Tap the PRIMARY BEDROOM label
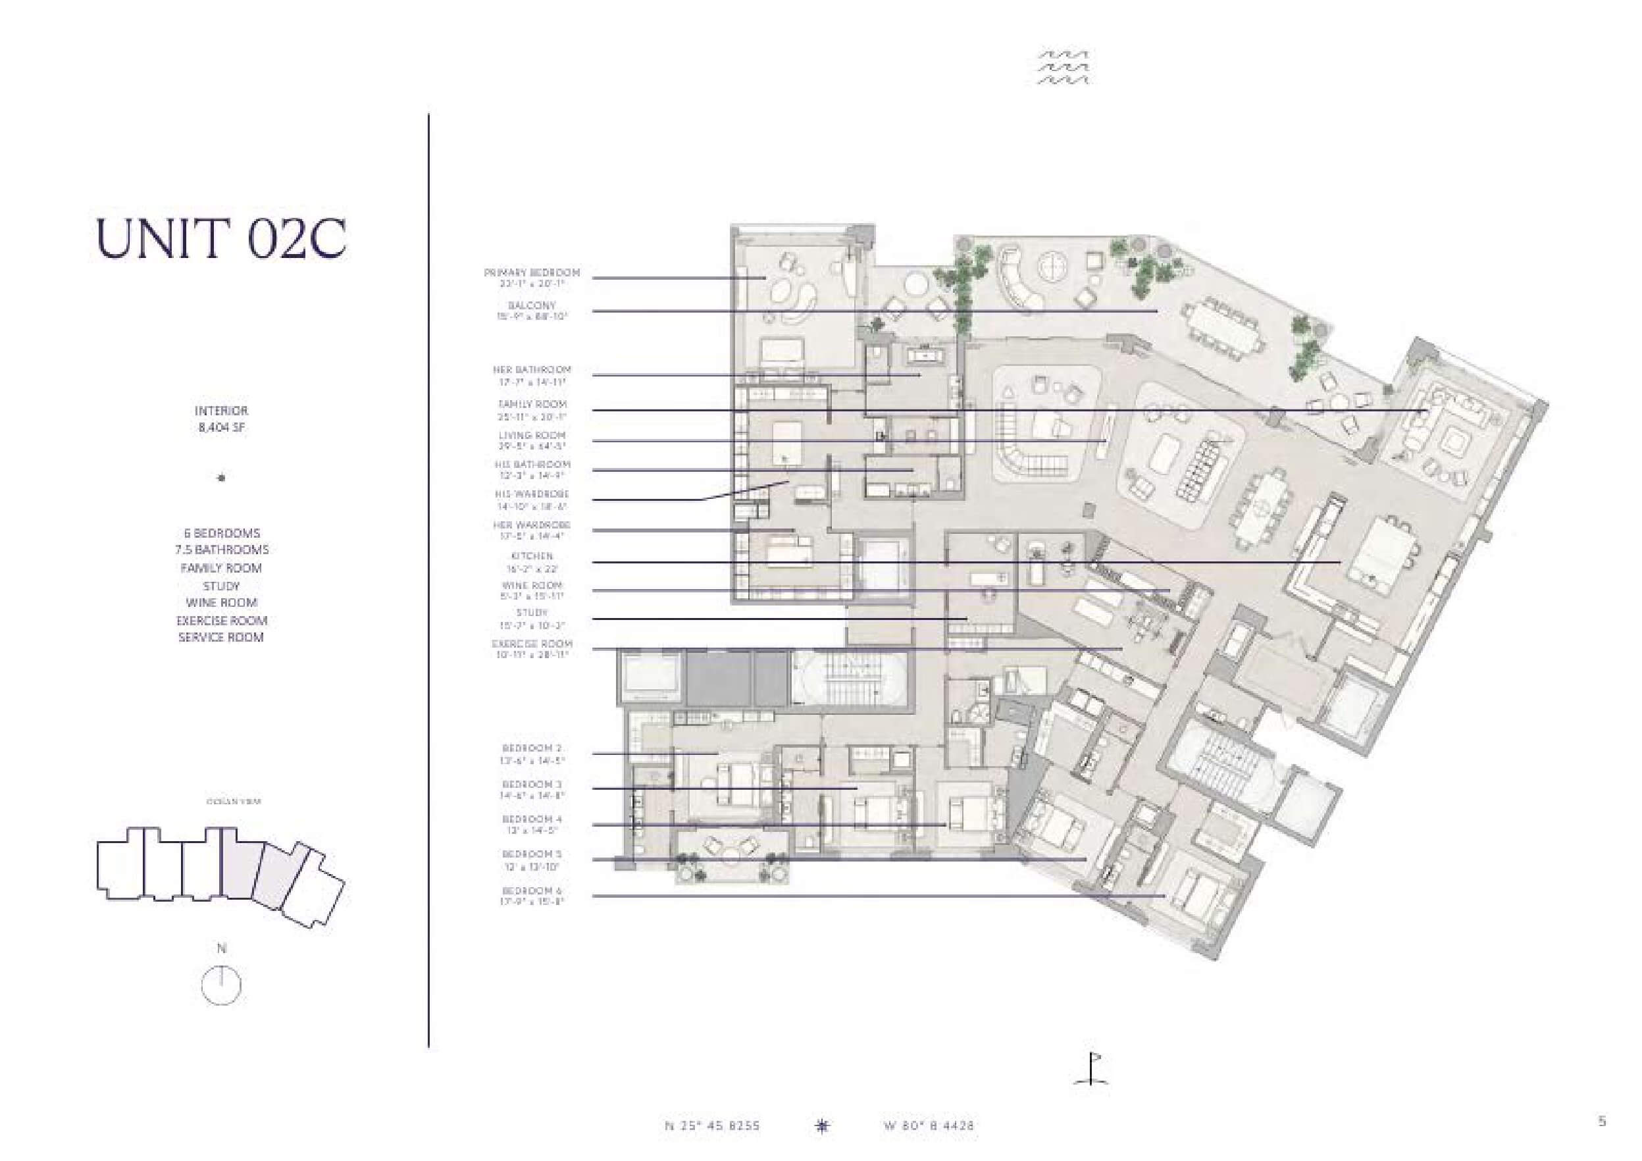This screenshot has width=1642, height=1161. click(531, 273)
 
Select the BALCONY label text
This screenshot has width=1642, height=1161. click(531, 305)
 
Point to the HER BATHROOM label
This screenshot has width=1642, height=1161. click(531, 370)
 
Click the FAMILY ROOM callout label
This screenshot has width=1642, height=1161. click(531, 404)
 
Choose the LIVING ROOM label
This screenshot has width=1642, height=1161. click(531, 435)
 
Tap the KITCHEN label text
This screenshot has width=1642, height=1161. click(531, 556)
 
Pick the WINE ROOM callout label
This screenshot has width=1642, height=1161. click(531, 585)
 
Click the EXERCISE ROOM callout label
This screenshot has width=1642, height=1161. click(531, 644)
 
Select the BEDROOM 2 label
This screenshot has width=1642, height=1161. click(531, 748)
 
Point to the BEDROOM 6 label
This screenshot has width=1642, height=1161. click(531, 890)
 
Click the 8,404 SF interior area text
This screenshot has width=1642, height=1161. click(222, 428)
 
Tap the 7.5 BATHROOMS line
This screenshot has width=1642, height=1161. click(222, 550)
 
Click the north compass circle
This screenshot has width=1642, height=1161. click(222, 987)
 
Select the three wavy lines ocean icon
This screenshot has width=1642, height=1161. click(1064, 67)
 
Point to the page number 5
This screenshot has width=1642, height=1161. click(1602, 1122)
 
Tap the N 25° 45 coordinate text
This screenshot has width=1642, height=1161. click(712, 1126)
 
